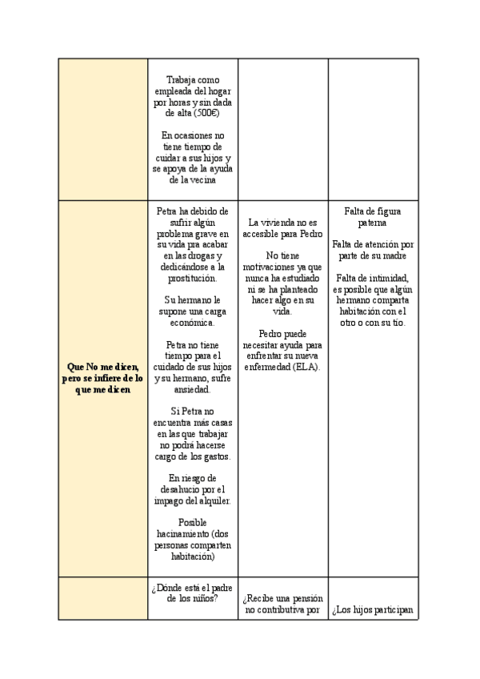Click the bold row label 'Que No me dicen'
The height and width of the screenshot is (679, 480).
pos(102,365)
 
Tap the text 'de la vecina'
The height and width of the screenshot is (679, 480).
pos(192,181)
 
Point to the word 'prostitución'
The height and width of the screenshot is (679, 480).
pos(192,278)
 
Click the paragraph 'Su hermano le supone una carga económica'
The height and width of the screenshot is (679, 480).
pos(192,311)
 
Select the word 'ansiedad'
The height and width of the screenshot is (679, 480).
pos(192,390)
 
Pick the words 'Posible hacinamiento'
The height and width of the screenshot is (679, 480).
pos(192,528)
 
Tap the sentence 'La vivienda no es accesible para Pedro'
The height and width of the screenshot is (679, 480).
pos(284,228)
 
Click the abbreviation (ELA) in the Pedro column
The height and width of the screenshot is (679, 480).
pos(306,368)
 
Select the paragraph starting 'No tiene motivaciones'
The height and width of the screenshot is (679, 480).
pos(284,277)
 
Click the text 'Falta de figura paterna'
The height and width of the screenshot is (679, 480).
pos(372,217)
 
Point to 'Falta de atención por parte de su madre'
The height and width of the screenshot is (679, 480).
pos(372,250)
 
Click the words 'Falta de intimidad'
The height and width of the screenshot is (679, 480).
pos(372,277)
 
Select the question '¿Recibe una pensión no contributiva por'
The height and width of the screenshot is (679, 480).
pos(284,604)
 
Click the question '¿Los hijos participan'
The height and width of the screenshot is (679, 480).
pos(372,609)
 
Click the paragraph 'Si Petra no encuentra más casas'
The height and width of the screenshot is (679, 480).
pos(192,433)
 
